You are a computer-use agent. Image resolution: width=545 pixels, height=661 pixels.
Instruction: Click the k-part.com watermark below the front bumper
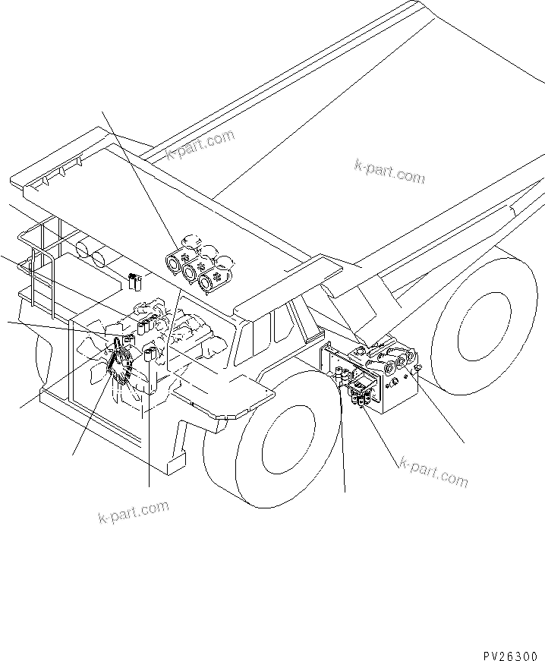(134, 512)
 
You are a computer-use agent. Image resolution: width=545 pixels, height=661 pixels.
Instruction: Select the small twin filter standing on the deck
(135, 282)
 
